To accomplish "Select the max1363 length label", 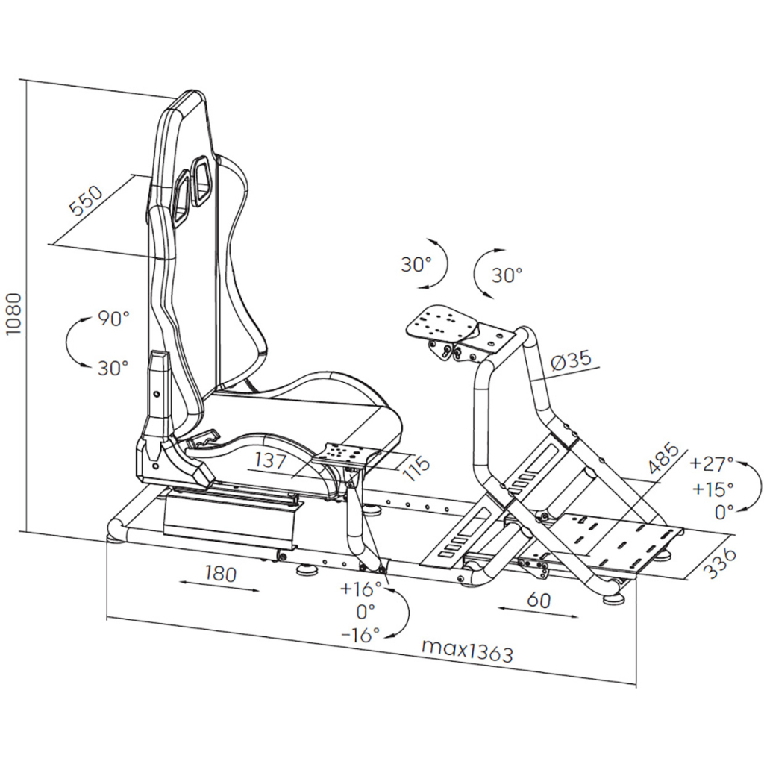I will [467, 649].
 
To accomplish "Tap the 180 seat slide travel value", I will [220, 574].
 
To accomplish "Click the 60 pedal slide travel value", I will [538, 599].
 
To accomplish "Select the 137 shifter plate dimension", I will [270, 461].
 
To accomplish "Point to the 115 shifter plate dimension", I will [419, 466].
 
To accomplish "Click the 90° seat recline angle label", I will [113, 319].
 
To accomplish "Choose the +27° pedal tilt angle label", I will [712, 463].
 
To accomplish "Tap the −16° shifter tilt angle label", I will [360, 634].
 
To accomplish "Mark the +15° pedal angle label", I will [712, 489].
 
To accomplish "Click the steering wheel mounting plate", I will [442, 322].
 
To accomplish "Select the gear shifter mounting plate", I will [345, 453].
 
